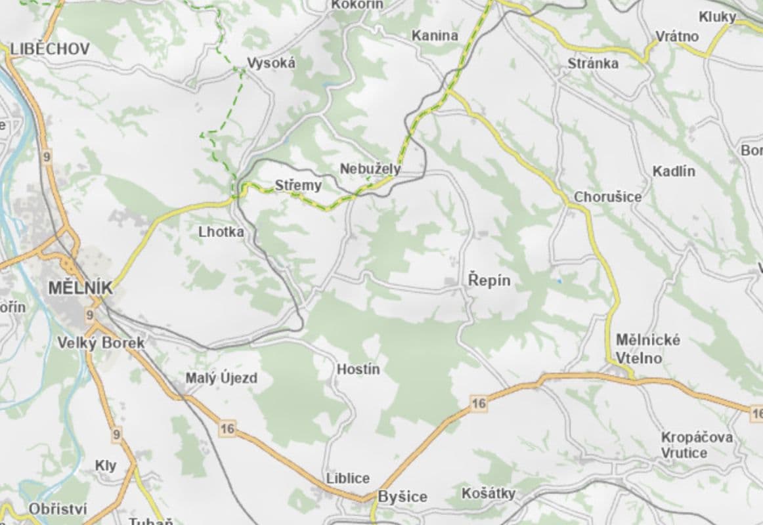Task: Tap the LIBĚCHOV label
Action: (x=50, y=49)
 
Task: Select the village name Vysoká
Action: (x=271, y=63)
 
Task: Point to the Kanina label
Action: (x=435, y=35)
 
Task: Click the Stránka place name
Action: (x=593, y=63)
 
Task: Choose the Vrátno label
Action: (x=678, y=36)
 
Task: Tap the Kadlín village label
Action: (x=674, y=171)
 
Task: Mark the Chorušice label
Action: (x=608, y=197)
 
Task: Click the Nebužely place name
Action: (x=370, y=169)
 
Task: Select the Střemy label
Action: (x=299, y=186)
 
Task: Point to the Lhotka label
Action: (x=221, y=232)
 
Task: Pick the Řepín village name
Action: (x=489, y=280)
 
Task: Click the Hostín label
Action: (x=359, y=369)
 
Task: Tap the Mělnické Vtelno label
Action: (x=639, y=349)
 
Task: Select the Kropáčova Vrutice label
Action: (x=697, y=445)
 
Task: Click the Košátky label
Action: (x=489, y=493)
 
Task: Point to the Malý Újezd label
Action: (x=221, y=378)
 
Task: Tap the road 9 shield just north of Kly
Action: (x=118, y=434)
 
